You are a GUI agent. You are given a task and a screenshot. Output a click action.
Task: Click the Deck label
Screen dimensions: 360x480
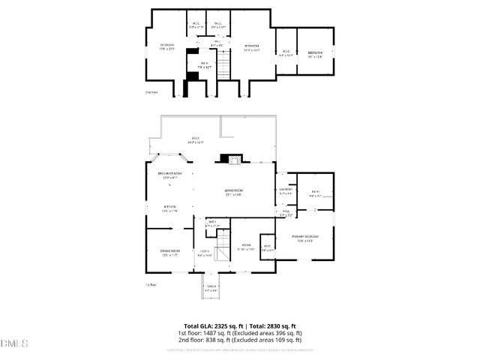click(197, 139)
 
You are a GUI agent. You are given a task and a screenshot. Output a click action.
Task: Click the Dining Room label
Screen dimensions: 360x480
click(170, 252)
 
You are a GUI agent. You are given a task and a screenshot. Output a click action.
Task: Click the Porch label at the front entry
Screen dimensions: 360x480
click(211, 288)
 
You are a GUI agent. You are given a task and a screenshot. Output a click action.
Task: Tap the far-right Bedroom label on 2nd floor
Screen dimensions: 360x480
click(316, 53)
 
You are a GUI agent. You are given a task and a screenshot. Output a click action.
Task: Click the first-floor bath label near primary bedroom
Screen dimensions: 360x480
click(316, 193)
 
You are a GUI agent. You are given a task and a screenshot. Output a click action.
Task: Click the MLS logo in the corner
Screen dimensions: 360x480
click(13, 343)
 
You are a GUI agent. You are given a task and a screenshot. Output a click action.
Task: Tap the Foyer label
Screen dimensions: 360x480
click(205, 253)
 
